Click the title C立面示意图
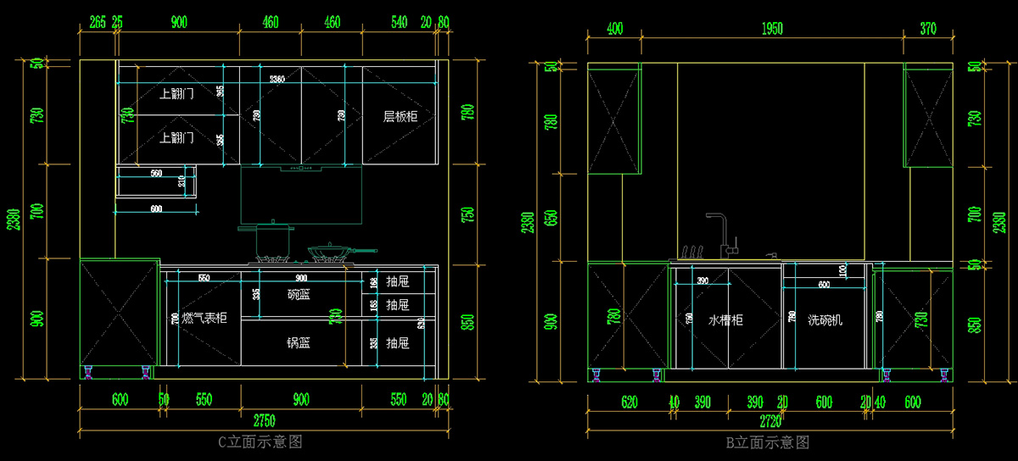coord(260,442)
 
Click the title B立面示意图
coord(767,442)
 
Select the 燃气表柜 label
coord(204,318)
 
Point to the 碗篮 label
coord(299,294)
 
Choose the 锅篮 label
coord(298,342)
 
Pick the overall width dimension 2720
coord(770,420)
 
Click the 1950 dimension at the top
coord(771,30)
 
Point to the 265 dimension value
coord(97,23)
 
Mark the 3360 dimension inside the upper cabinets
coord(277,79)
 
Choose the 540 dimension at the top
coord(400,23)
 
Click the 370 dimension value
coord(928,30)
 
